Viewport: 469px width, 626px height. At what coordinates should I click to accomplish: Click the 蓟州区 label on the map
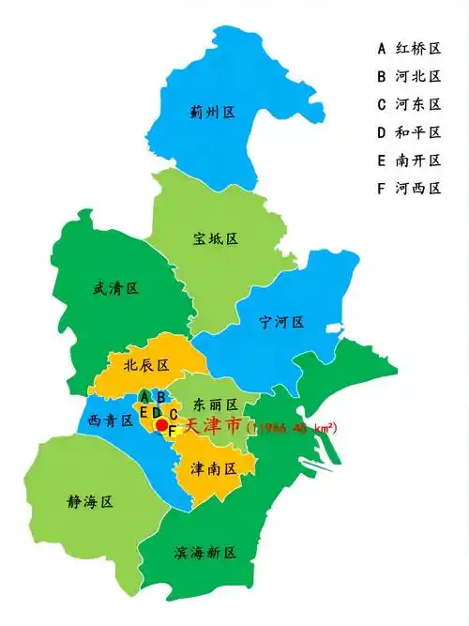pos(211,113)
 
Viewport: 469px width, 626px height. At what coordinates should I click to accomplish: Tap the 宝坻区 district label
pos(216,238)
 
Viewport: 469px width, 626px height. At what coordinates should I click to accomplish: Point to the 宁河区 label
pos(281,322)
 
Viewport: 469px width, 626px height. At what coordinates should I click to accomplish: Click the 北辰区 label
pos(145,364)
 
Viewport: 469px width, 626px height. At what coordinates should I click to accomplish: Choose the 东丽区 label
pos(215,404)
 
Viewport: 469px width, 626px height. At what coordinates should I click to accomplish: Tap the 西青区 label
pos(111,420)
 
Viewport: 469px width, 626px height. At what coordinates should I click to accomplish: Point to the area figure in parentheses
pos(292,428)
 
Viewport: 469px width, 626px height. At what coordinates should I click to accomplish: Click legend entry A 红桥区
pos(409,48)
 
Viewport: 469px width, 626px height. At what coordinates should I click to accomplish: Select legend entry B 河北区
pos(409,76)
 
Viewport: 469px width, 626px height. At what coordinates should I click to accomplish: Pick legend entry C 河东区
pos(409,104)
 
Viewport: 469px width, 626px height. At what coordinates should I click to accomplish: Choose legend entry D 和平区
pos(409,132)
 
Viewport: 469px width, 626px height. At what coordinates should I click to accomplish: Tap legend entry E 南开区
pos(409,160)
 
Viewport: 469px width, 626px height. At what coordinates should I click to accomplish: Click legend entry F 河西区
pos(409,189)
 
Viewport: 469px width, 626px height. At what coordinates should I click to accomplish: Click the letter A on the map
pos(144,396)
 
